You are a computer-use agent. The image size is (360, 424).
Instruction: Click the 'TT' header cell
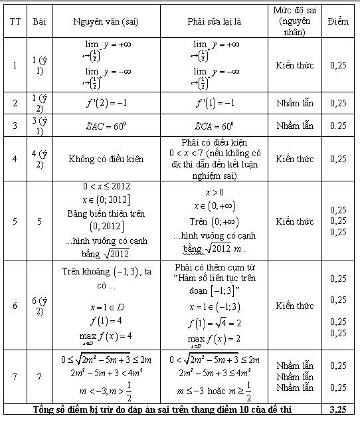[x=15, y=20]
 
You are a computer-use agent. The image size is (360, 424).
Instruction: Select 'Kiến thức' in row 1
[x=294, y=65]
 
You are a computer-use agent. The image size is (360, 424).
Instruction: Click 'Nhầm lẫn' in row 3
[x=294, y=125]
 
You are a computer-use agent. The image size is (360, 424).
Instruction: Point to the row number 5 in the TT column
[x=15, y=221]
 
